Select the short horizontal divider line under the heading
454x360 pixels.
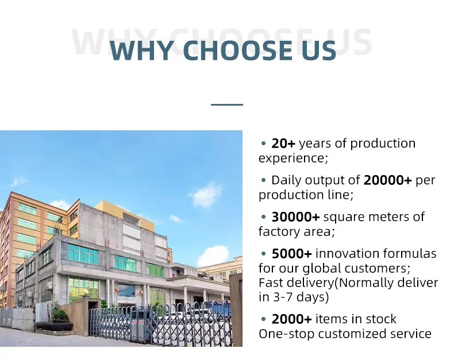[226, 104]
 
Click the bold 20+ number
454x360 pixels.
[283, 144]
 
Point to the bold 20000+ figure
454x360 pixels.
[387, 180]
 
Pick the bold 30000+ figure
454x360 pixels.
[295, 217]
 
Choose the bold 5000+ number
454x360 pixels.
[291, 254]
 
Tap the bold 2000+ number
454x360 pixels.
[291, 319]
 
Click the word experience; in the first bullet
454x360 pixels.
[293, 158]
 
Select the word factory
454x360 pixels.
[279, 232]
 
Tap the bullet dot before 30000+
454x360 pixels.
[263, 217]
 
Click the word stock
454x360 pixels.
[381, 319]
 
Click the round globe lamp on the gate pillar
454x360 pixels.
[86, 293]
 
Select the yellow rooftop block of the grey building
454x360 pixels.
[125, 212]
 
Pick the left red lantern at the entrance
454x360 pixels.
[117, 291]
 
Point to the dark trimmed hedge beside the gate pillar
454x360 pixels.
[55, 326]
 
